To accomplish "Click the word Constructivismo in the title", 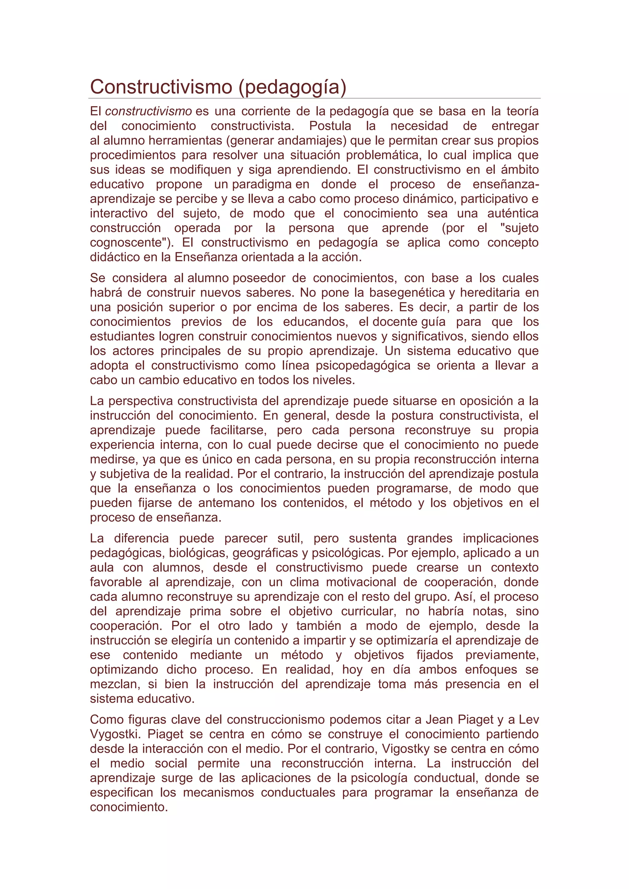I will [162, 87].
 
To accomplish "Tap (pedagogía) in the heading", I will [292, 87].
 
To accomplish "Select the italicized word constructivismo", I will [148, 111].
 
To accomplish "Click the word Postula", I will [330, 126].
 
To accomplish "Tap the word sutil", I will [290, 538].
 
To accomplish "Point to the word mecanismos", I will [218, 793].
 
